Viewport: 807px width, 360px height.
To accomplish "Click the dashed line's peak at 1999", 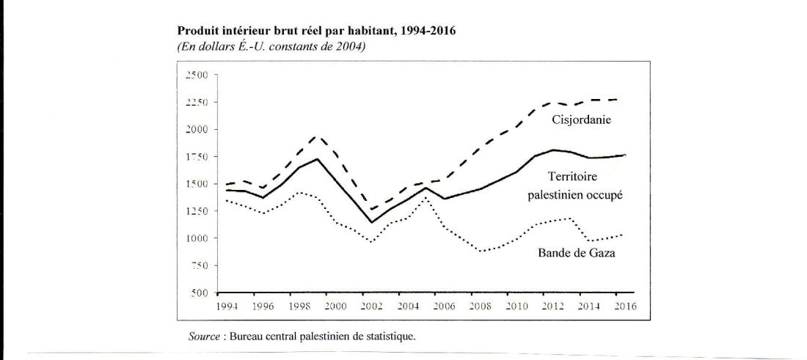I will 316,136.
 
